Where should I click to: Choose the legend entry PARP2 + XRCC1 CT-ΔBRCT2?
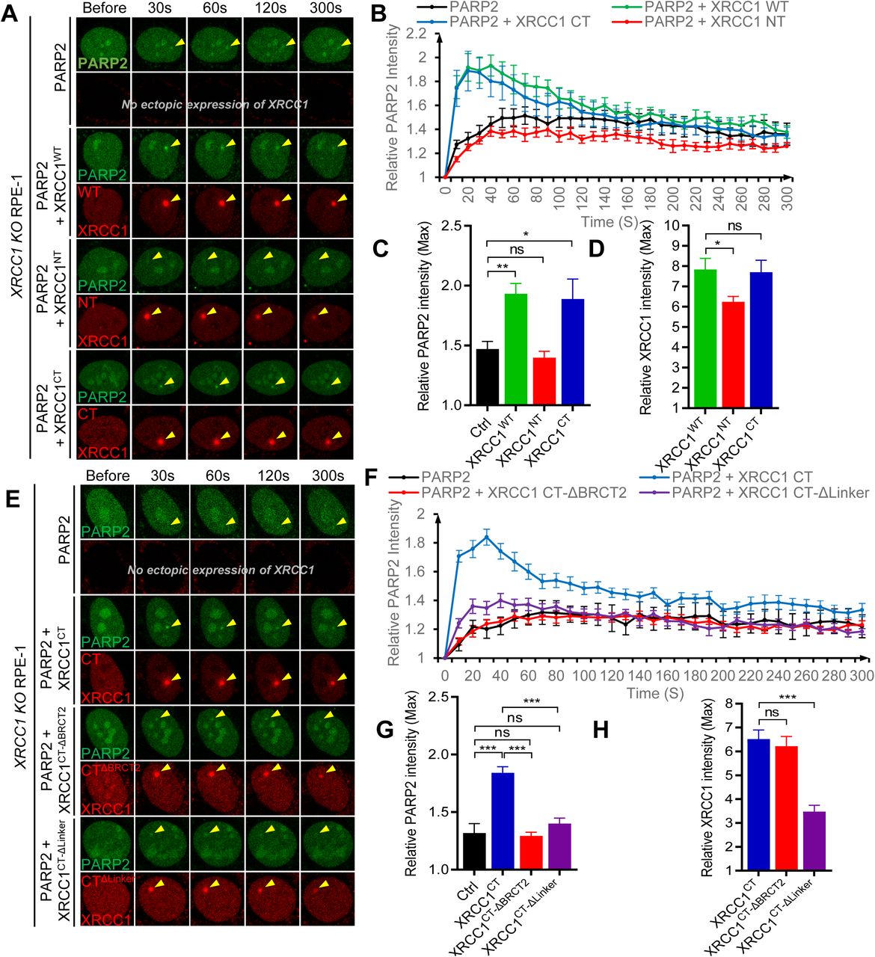tap(524, 492)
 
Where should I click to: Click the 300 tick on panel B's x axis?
tap(786, 200)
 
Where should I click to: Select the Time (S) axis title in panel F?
tap(656, 693)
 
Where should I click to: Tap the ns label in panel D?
tap(734, 226)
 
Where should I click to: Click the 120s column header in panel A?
tap(271, 8)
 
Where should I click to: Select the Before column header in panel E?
tap(107, 476)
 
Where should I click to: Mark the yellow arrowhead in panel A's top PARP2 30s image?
tap(178, 45)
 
